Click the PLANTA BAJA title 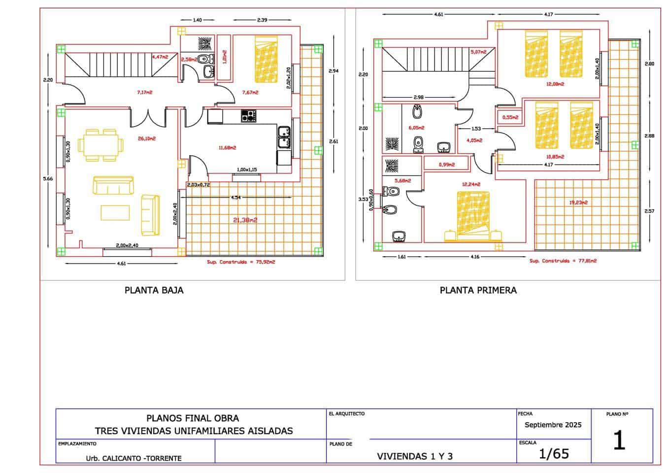click(x=154, y=290)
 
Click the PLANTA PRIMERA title click(x=478, y=290)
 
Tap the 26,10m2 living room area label click(x=147, y=138)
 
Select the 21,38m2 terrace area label click(x=245, y=220)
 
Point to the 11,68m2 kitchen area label click(x=227, y=147)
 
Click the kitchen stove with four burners click(x=249, y=116)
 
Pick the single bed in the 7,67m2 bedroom click(x=266, y=59)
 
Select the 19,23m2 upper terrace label click(x=578, y=202)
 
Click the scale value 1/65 click(x=554, y=453)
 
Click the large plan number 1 click(x=619, y=440)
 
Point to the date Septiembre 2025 click(x=553, y=425)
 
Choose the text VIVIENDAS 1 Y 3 click(x=415, y=456)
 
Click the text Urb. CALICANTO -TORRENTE click(x=134, y=458)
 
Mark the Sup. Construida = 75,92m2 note click(x=241, y=262)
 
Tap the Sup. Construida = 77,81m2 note click(x=563, y=261)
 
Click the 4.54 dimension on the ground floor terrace click(x=236, y=198)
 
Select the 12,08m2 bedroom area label click(x=555, y=84)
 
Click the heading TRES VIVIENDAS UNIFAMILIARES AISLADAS click(x=194, y=431)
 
